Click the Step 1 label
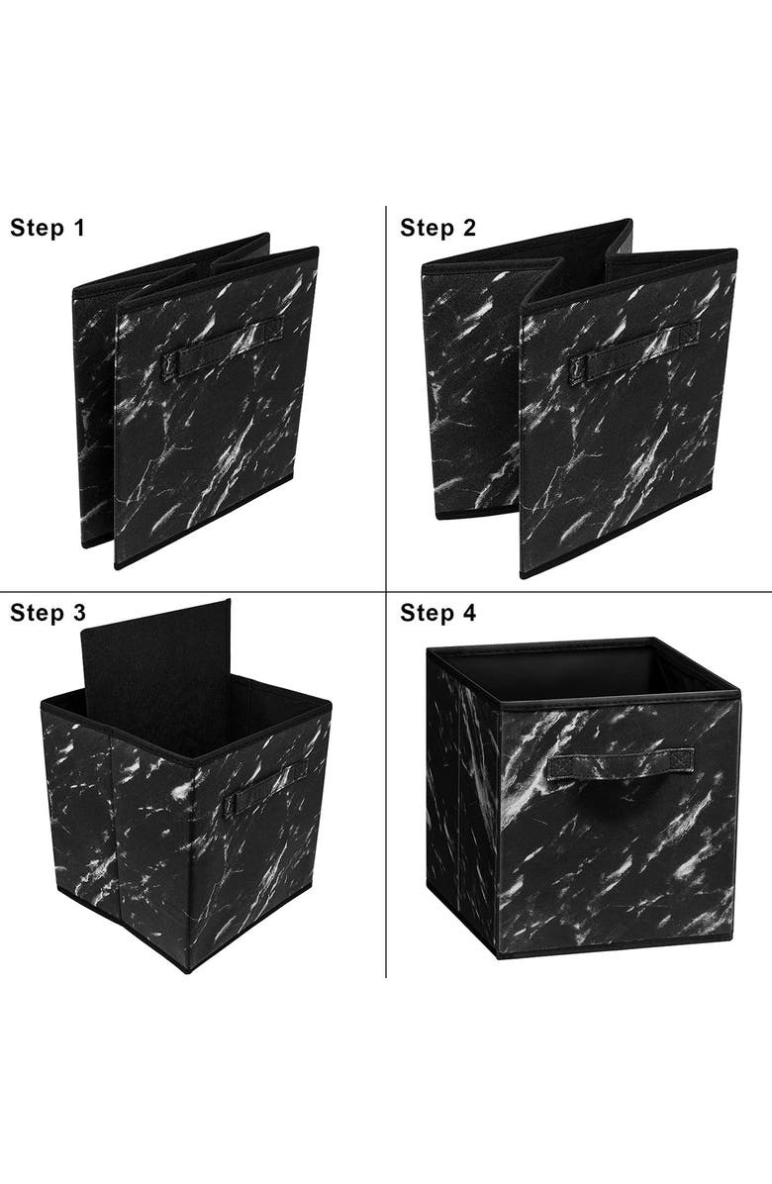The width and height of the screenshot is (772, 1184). (48, 228)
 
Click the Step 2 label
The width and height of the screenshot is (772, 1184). (437, 228)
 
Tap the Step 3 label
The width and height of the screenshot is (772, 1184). (48, 613)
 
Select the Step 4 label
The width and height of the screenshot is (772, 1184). (437, 613)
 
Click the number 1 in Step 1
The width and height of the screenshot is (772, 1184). (78, 228)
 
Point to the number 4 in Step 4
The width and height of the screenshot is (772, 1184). (469, 613)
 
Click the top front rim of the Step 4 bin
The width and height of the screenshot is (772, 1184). (619, 693)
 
